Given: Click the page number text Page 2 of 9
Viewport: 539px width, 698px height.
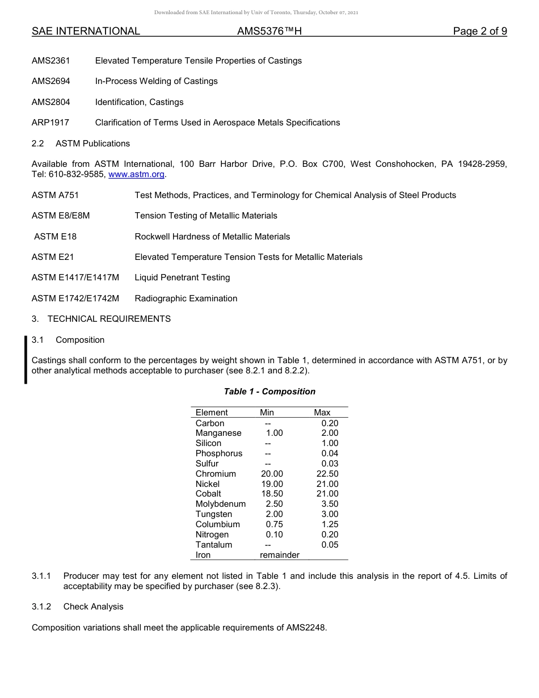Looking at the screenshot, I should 479,31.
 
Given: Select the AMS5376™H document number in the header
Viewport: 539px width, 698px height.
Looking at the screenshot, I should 269,31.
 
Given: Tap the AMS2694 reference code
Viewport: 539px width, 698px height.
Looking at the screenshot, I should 50,81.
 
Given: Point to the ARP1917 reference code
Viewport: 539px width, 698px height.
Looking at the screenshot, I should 50,123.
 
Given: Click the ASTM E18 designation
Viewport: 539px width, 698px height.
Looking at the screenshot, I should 55,237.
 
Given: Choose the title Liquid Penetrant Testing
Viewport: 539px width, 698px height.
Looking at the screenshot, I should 182,277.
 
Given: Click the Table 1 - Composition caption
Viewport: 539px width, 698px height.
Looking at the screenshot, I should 269,392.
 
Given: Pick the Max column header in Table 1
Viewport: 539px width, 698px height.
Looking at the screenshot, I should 322,413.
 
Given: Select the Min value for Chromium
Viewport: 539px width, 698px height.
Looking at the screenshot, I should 272,474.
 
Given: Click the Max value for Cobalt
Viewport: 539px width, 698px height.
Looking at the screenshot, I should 327,494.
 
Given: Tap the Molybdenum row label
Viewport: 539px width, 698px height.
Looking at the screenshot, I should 221,504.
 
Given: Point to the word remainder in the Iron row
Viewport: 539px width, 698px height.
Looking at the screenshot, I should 279,555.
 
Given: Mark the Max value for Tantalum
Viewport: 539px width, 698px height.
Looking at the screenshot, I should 330,545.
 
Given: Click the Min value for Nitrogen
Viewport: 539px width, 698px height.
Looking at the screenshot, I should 274,535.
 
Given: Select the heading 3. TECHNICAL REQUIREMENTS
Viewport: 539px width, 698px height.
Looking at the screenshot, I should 101,319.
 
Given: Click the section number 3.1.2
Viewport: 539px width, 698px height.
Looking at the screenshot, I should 41,607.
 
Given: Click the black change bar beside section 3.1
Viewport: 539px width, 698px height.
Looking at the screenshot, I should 26,360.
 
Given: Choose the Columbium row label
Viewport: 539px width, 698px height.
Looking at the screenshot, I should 217,524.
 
